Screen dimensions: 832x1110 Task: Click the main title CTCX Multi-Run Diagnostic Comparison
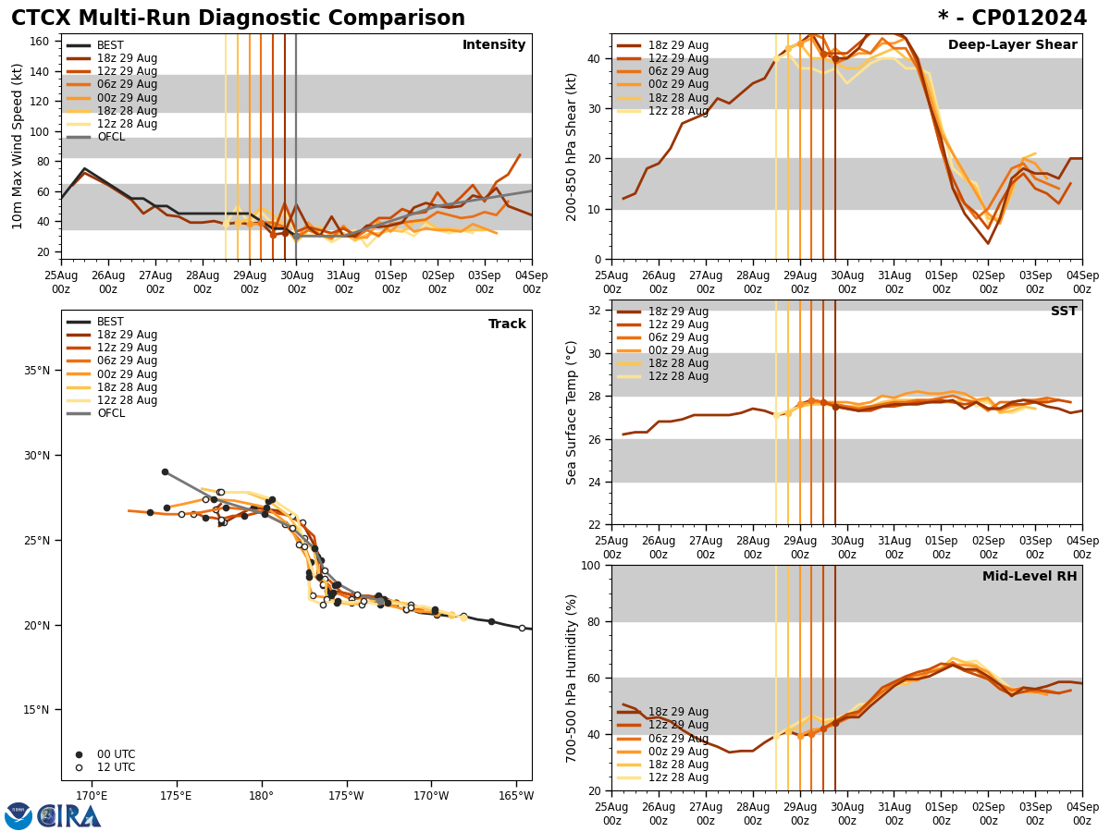[x=238, y=18]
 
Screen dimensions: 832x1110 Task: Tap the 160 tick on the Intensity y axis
[x=41, y=41]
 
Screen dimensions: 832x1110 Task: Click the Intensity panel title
[x=494, y=45]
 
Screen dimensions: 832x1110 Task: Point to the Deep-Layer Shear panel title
[x=1012, y=45]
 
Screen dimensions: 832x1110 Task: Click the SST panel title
[x=1063, y=312]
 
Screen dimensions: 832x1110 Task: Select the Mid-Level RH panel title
[x=1030, y=577]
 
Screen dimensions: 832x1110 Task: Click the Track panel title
[x=507, y=324]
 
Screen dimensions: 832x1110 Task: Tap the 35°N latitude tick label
[x=37, y=371]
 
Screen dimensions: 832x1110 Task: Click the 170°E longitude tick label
[x=92, y=796]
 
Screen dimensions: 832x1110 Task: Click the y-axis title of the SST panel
[x=572, y=412]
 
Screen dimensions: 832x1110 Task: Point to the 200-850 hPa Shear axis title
[x=572, y=146]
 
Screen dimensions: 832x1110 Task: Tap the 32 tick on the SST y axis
[x=595, y=311]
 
